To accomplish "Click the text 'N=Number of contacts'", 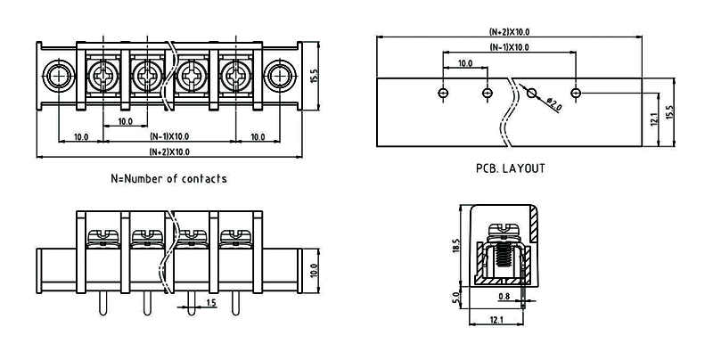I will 168,178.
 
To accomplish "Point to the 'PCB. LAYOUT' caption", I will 511,168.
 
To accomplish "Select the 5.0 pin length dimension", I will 457,296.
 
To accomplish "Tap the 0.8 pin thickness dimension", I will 504,296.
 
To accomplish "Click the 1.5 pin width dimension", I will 211,303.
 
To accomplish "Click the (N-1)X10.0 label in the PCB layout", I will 509,47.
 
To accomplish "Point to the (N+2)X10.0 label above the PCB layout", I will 509,32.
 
